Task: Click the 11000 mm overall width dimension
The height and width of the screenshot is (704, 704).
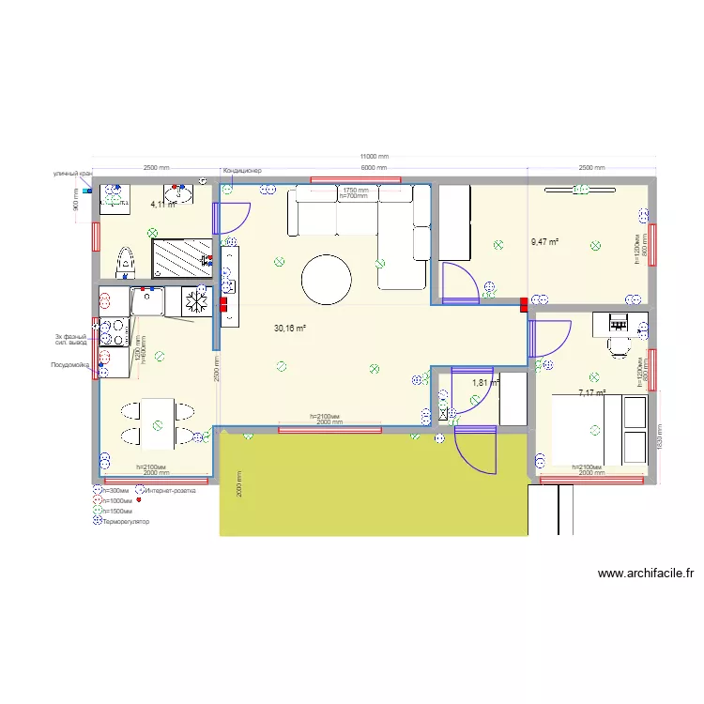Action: (x=375, y=157)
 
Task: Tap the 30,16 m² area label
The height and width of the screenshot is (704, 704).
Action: (x=290, y=329)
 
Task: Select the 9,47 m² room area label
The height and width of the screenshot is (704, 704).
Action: (x=544, y=241)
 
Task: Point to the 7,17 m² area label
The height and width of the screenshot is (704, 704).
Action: (x=592, y=393)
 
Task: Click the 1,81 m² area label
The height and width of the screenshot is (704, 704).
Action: (x=485, y=382)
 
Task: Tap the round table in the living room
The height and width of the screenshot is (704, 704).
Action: (x=326, y=279)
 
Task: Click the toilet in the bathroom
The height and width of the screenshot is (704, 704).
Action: (x=126, y=262)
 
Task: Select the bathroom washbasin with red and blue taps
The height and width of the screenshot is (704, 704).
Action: (x=178, y=194)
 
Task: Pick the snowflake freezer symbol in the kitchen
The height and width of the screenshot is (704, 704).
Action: (x=196, y=302)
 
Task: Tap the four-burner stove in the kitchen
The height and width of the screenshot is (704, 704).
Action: (x=114, y=333)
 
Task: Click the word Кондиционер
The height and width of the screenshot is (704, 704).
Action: (x=241, y=170)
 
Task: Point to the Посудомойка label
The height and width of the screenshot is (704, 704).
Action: (x=69, y=363)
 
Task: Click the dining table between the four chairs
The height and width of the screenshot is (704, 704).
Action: (x=158, y=423)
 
